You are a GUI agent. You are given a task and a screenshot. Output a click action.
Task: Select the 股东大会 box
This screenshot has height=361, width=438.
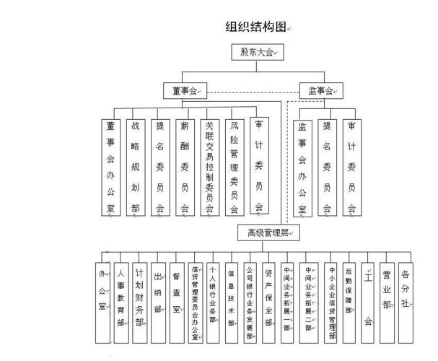coord(258,52)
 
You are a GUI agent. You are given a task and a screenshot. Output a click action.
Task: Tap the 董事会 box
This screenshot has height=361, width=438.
coord(185,91)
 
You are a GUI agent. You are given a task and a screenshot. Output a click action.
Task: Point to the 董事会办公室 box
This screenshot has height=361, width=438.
coord(110,167)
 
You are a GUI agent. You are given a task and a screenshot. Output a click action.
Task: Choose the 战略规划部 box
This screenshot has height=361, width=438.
coord(135,167)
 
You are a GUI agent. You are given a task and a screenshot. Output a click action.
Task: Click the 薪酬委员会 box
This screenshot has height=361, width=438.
coord(185,167)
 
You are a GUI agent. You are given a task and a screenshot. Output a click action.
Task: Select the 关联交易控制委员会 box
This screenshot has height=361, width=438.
coord(209,167)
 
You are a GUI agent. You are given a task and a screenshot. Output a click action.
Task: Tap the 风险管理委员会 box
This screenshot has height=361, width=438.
coord(233,167)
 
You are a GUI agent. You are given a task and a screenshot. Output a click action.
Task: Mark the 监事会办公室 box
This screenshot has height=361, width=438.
coord(303,167)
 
